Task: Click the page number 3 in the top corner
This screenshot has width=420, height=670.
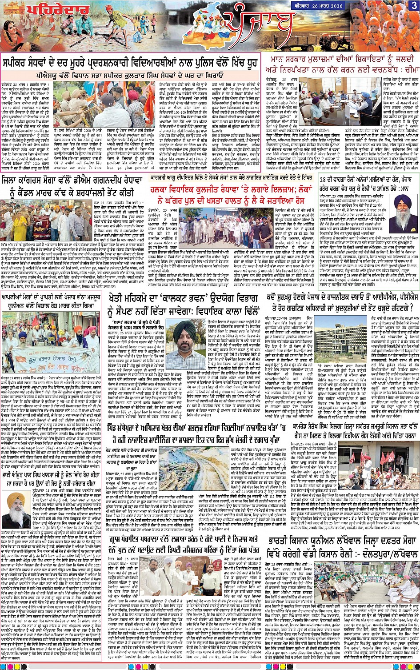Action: pos(413,5)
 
